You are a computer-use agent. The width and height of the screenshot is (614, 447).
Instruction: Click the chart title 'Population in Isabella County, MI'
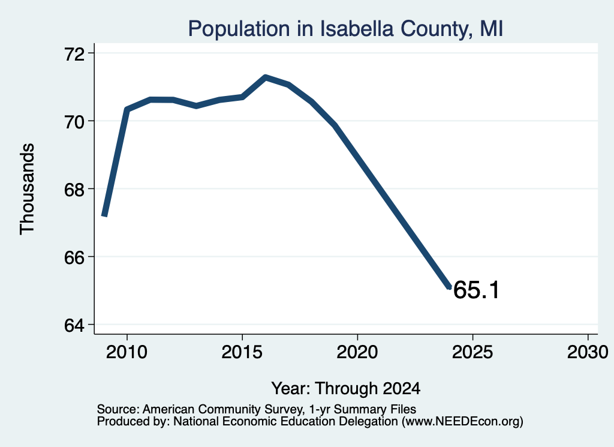(345, 29)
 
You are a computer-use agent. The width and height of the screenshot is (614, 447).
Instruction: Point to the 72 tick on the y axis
(74, 53)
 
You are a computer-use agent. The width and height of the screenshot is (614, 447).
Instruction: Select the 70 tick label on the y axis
(74, 122)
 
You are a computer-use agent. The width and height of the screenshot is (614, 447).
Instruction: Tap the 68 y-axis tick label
(74, 190)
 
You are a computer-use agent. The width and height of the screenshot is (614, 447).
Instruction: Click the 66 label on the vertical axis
(74, 257)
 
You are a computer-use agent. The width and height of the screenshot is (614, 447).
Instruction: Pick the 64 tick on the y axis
(74, 325)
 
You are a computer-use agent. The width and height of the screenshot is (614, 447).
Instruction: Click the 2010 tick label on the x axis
(127, 352)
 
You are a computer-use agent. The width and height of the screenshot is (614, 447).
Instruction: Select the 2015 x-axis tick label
(242, 352)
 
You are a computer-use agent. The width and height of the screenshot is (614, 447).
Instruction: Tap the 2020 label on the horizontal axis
(357, 352)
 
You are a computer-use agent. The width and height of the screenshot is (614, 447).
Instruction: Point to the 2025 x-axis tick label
(472, 352)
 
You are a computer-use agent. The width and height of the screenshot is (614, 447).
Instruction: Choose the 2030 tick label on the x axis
(588, 352)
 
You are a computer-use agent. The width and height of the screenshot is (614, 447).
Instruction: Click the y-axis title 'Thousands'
(27, 189)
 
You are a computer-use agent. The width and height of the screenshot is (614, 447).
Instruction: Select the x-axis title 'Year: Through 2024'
(346, 388)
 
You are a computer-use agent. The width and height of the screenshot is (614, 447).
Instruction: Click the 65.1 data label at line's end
(476, 290)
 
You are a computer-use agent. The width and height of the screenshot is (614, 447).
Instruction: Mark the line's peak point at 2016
(266, 77)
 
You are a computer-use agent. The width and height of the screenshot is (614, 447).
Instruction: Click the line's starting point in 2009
(104, 215)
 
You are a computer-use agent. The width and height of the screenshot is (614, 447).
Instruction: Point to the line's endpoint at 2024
(450, 287)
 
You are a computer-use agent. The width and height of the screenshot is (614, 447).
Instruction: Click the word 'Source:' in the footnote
(118, 409)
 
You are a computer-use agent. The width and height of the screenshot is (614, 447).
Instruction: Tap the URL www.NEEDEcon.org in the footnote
(462, 421)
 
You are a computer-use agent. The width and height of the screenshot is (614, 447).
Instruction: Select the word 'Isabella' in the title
(356, 29)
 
